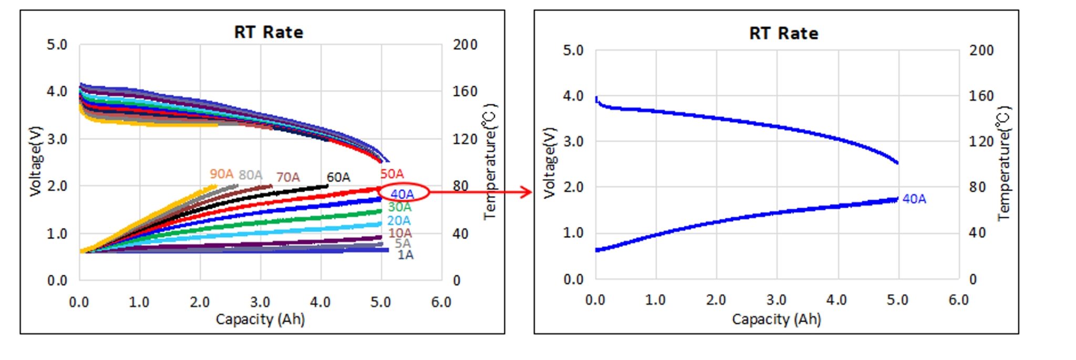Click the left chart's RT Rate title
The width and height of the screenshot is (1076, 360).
(268, 32)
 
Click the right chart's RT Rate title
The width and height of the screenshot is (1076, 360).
(783, 34)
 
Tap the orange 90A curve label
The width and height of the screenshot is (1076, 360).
(221, 174)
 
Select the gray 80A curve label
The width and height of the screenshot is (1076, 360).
(251, 175)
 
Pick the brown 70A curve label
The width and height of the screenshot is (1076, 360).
(288, 177)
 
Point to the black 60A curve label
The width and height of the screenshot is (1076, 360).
(338, 177)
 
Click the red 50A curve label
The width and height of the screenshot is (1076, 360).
(392, 174)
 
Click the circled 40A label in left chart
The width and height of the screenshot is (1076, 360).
(402, 194)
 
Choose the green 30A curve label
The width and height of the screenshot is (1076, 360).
(399, 208)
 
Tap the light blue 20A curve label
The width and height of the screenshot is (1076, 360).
(399, 221)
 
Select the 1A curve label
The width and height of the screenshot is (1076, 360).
(405, 255)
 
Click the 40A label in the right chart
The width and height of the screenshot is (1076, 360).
(914, 199)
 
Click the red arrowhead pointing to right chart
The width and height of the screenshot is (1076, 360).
(526, 192)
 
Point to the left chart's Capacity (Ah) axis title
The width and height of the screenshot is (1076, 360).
(260, 319)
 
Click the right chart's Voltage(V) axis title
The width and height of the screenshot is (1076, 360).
(549, 163)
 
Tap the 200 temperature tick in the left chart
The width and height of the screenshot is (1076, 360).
(465, 45)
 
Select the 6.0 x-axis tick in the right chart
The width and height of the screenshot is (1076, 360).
(958, 300)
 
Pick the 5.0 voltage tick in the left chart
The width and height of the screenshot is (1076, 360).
(57, 45)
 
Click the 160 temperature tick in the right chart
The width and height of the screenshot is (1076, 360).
(981, 96)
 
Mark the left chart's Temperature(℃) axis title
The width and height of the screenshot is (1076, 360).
(489, 161)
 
